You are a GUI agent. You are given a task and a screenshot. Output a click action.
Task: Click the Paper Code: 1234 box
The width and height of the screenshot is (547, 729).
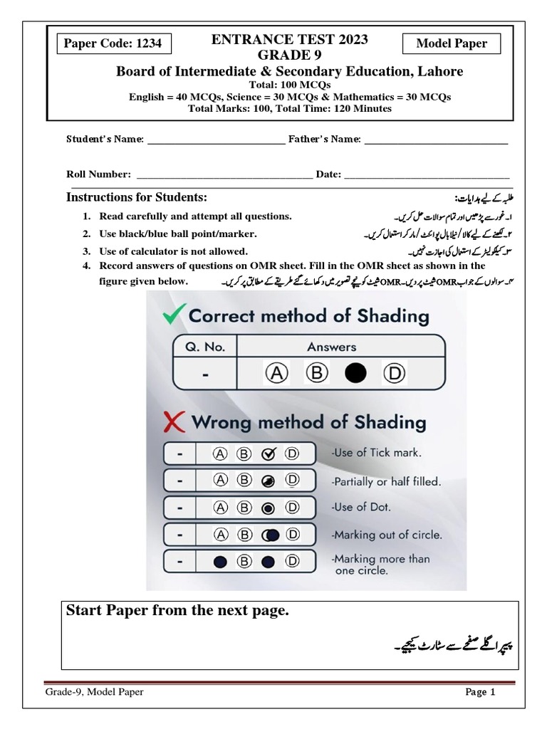coord(113,44)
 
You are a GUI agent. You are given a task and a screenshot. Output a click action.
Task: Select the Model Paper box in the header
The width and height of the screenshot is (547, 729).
coord(452,44)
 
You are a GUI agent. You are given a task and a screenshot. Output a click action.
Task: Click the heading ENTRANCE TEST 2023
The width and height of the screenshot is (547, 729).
coord(289,40)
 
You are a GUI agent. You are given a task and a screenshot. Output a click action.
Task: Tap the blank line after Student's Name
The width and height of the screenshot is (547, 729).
coord(215,141)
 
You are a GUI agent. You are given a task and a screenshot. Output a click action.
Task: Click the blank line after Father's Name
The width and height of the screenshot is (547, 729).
coord(435,141)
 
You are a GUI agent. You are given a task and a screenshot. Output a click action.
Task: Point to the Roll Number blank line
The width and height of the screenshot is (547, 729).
coord(224,175)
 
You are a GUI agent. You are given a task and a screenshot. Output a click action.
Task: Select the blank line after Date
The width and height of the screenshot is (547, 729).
coord(427,175)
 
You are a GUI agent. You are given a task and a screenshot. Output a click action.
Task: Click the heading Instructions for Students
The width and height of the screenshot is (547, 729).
coord(136,197)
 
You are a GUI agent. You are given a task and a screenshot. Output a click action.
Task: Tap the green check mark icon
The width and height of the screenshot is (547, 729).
coord(174,314)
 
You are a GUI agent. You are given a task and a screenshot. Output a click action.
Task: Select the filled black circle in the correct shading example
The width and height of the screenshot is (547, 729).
coord(355,372)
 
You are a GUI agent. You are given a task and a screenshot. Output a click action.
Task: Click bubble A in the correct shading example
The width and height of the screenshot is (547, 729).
coord(275,372)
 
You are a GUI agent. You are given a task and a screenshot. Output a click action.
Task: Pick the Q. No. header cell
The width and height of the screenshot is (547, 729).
coord(205,347)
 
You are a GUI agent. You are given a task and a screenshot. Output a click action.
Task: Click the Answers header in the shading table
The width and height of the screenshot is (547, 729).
coord(331,347)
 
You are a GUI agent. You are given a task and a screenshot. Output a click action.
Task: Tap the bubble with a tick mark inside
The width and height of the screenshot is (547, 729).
coord(269,453)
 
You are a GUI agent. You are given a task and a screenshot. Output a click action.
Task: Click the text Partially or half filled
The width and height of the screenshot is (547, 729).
coord(386,481)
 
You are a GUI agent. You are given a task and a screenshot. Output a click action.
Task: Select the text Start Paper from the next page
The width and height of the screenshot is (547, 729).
coord(177,612)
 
